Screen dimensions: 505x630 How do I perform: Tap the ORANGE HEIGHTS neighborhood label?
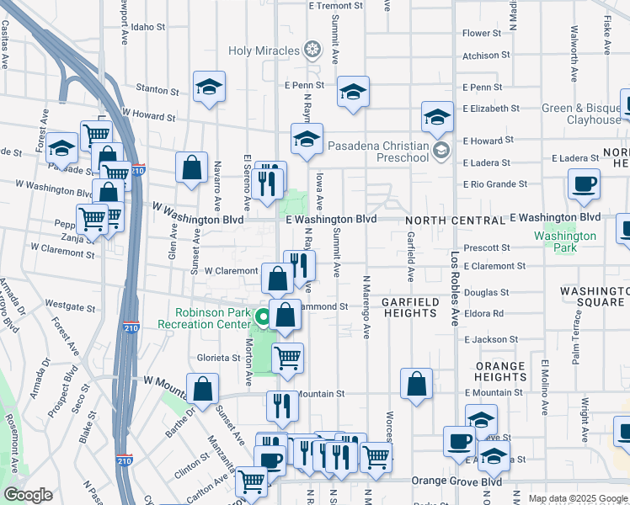click(x=499, y=371)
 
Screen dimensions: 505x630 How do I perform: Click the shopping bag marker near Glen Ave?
click(x=192, y=167)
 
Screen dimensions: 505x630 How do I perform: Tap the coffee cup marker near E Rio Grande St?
click(x=584, y=184)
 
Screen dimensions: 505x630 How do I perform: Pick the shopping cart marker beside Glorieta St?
click(x=288, y=357)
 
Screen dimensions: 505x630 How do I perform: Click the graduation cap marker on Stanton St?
click(x=209, y=87)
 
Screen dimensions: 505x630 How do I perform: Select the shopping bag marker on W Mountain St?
click(x=203, y=389)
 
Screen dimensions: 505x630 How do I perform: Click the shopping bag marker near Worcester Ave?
click(x=417, y=384)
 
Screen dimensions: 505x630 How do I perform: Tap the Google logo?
click(x=29, y=495)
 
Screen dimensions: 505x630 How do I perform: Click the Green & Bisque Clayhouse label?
click(x=581, y=114)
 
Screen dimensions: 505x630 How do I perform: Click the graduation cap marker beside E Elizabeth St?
click(x=437, y=119)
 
